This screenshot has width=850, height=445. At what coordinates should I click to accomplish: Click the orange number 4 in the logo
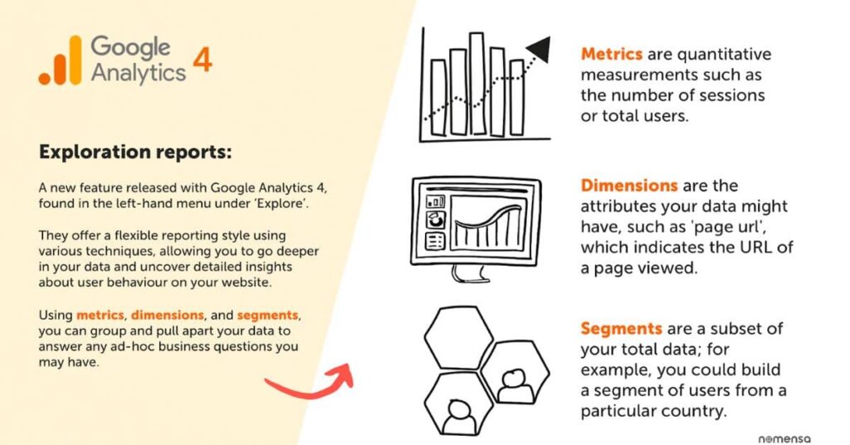point(203,60)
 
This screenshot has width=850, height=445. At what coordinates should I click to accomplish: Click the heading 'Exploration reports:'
point(135,151)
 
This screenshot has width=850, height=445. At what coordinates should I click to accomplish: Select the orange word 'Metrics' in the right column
point(612,54)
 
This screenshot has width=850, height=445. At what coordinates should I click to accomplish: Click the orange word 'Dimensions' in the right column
point(629,185)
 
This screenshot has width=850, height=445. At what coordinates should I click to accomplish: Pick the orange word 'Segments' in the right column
point(621,329)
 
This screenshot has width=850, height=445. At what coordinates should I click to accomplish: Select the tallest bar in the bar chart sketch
point(477,84)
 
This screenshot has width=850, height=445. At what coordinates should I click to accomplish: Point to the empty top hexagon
point(458,337)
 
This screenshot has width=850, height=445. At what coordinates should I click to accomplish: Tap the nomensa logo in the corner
point(784,438)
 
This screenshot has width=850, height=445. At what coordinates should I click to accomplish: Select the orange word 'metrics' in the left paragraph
point(100,315)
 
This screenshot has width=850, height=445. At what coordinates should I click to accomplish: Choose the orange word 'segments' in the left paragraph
point(268,315)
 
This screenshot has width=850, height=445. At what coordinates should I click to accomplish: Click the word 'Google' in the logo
point(130,47)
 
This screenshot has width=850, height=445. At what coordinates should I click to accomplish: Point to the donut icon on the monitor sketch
point(436,220)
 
